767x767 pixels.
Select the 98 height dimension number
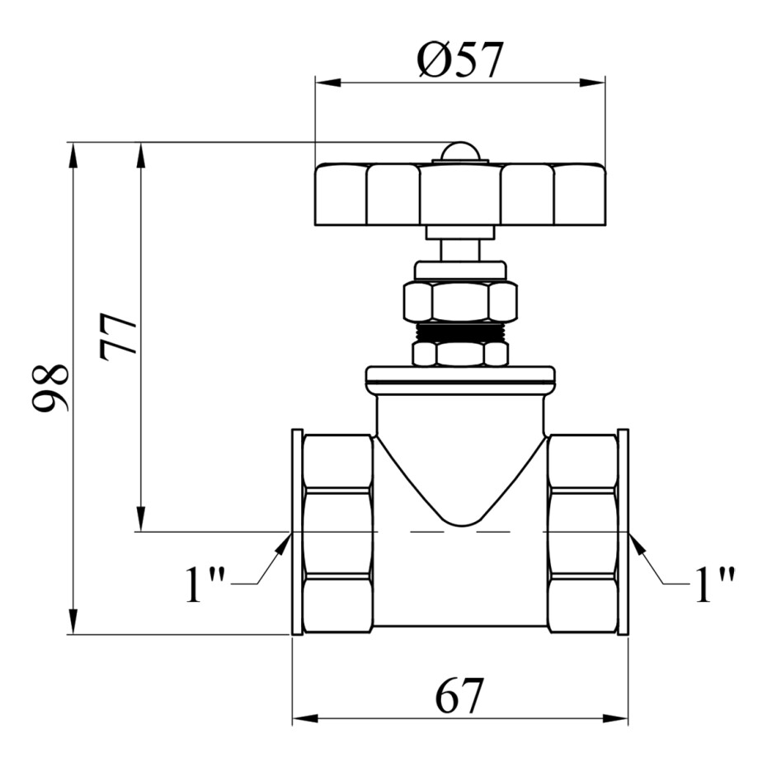49,388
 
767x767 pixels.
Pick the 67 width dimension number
459,696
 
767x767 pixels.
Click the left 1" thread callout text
205,584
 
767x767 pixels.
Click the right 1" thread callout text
715,584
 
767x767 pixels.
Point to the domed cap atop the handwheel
460,152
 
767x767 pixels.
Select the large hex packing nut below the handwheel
460,301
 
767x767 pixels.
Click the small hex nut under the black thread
460,354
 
